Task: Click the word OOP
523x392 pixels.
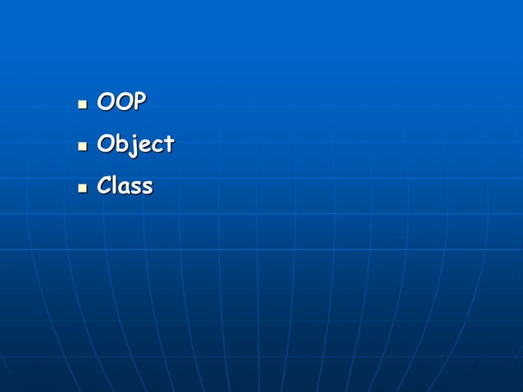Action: [121, 103]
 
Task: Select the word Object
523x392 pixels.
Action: [135, 144]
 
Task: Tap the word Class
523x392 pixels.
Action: [125, 186]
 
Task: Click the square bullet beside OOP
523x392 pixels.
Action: [82, 105]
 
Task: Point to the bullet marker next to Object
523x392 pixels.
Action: [82, 147]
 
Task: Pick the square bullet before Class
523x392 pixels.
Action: [82, 189]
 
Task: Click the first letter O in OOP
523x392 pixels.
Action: [106, 103]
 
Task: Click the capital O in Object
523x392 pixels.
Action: [106, 144]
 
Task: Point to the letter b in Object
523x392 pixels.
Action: [121, 144]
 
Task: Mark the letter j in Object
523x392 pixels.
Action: [132, 146]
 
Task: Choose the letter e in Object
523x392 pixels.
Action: [143, 146]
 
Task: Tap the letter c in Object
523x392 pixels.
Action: [156, 146]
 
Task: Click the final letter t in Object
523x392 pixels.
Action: [168, 145]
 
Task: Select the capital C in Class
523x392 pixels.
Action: [105, 186]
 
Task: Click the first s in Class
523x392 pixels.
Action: [136, 188]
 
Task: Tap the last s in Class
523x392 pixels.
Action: [147, 188]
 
